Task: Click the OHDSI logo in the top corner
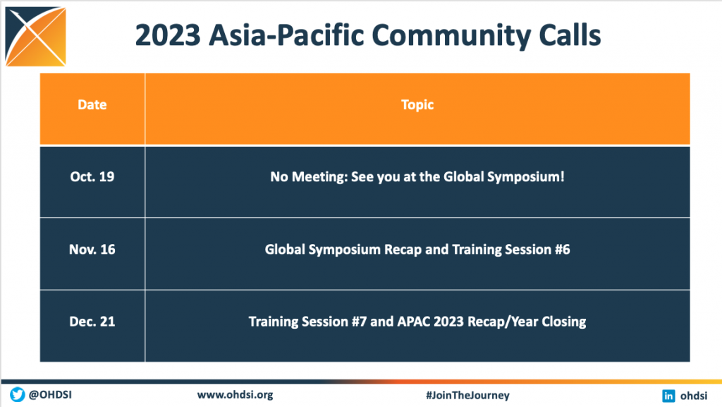(35, 37)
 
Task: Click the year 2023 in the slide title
(168, 35)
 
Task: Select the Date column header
(92, 105)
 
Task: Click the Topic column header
(417, 105)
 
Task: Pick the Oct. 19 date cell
(92, 177)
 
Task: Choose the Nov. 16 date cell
(92, 250)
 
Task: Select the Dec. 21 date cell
(92, 322)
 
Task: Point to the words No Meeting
(309, 177)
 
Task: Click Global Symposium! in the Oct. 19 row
(503, 177)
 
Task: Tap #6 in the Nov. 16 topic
(562, 250)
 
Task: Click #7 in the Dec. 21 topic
(359, 322)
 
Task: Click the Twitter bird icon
(18, 394)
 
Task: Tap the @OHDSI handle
(50, 394)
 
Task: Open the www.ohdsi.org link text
(235, 395)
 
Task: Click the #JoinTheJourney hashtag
(467, 395)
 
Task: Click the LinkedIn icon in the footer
(668, 396)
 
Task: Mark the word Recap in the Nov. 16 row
(403, 250)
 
